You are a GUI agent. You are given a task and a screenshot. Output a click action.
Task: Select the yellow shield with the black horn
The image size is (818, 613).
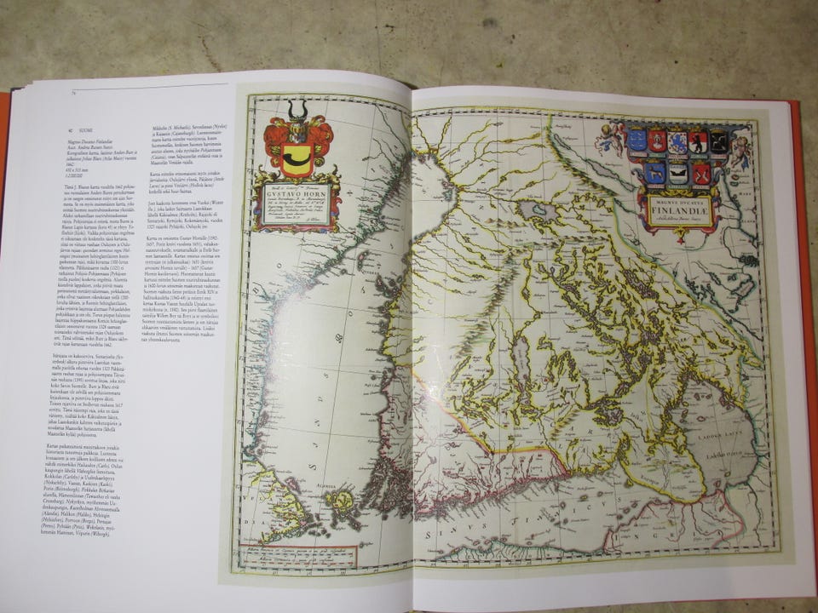point(297,158)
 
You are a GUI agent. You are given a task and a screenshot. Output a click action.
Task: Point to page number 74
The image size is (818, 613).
point(74,93)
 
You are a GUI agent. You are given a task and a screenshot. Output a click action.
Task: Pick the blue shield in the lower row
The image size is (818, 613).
point(655,173)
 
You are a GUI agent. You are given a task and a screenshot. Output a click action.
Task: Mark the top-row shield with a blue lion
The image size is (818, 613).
point(677,141)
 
